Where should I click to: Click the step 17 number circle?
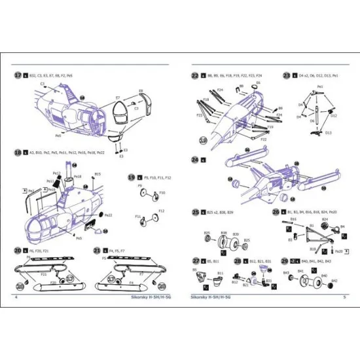click(18, 75)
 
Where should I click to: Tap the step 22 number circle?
click(194, 75)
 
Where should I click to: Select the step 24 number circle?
click(194, 159)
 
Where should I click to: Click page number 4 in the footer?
click(15, 296)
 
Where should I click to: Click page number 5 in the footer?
click(344, 296)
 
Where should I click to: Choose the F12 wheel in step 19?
click(156, 218)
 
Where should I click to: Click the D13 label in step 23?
click(328, 132)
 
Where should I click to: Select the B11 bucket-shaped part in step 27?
click(220, 279)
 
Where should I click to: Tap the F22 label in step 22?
click(264, 139)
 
